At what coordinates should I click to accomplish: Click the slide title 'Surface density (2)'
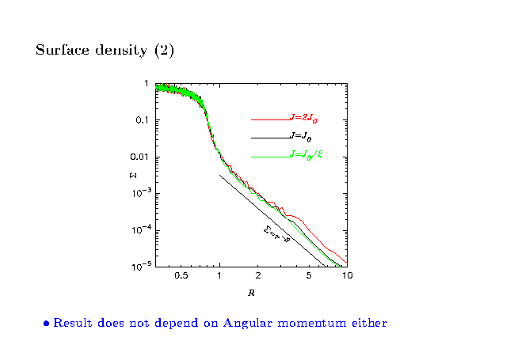pos(105,51)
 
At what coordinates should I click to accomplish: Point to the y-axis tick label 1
pos(147,84)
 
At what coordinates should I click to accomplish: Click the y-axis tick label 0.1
pos(143,120)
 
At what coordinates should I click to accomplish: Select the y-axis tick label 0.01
pos(141,157)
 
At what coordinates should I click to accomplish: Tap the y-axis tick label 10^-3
pos(140,193)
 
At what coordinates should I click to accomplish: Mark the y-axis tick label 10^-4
pos(140,229)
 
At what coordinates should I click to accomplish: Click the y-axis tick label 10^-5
pos(140,266)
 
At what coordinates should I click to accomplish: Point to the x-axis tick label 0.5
pos(181,276)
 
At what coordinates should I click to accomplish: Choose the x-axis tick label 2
pos(258,276)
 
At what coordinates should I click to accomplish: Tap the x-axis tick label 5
pos(308,276)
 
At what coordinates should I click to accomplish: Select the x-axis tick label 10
pos(346,276)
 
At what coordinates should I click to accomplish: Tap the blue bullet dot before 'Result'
pos(47,324)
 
